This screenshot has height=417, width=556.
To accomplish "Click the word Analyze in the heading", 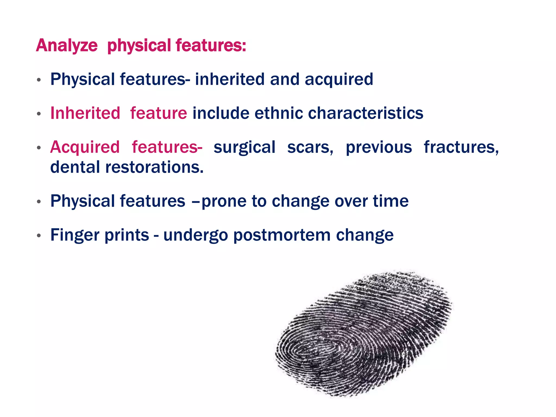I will [67, 45].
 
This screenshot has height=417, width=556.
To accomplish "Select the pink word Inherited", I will [85, 113].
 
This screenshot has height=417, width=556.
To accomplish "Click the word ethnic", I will [279, 113].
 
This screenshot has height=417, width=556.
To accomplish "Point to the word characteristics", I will [365, 113].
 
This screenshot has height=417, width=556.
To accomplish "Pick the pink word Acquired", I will [85, 147].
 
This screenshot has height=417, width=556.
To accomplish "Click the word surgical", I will [244, 148].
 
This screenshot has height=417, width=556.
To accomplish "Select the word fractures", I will [461, 147].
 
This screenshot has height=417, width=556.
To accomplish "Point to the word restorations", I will [154, 167].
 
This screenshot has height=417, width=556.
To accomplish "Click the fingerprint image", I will [364, 334].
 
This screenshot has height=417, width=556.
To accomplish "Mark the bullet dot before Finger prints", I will [39, 235].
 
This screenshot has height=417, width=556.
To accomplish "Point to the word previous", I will [379, 147].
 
